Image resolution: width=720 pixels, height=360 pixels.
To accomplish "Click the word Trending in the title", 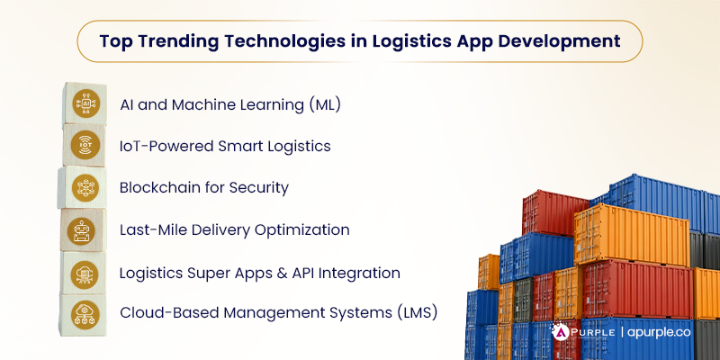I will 186,40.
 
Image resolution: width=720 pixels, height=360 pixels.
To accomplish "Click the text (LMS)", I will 418,313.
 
